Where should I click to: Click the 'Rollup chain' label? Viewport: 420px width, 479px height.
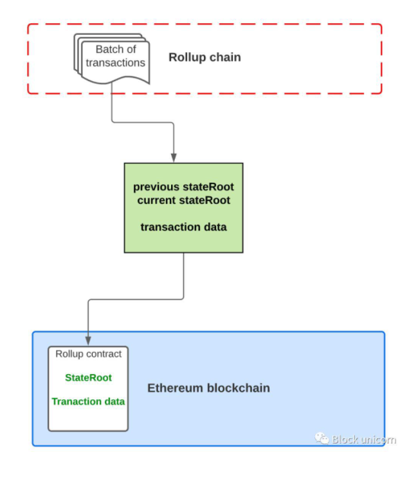coord(205,57)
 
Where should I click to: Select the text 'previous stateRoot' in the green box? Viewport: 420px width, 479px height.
coord(183,187)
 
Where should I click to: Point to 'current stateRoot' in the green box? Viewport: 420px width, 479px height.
coord(183,200)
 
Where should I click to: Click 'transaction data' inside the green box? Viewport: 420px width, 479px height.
coord(183,227)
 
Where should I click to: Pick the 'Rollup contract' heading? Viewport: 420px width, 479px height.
coord(88,353)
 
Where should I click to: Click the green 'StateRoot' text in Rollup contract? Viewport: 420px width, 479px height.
coord(88,378)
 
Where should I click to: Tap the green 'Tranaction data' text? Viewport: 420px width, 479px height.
coord(88,401)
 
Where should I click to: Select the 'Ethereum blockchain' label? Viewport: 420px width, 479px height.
coord(208,388)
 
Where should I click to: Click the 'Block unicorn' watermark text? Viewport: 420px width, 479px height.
coord(363,440)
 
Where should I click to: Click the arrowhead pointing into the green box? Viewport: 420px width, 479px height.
coord(174,158)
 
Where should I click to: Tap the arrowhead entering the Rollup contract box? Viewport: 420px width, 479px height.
coord(88,341)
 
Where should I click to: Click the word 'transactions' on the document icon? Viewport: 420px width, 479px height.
coord(116,62)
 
